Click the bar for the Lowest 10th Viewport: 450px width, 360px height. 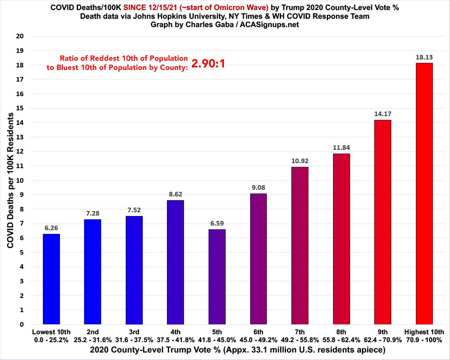click(51, 279)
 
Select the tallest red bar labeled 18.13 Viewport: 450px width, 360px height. click(424, 194)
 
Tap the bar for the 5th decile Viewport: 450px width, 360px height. click(217, 277)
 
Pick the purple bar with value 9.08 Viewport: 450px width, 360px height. click(259, 259)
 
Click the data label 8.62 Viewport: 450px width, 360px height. click(175, 194)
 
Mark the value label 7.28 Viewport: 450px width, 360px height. click(92, 213)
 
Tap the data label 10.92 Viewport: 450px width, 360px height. click(300, 160)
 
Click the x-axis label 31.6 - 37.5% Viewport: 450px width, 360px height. click(134, 339)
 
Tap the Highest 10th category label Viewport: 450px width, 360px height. click(424, 332)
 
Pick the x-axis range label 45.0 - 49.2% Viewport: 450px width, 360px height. click(259, 339)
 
